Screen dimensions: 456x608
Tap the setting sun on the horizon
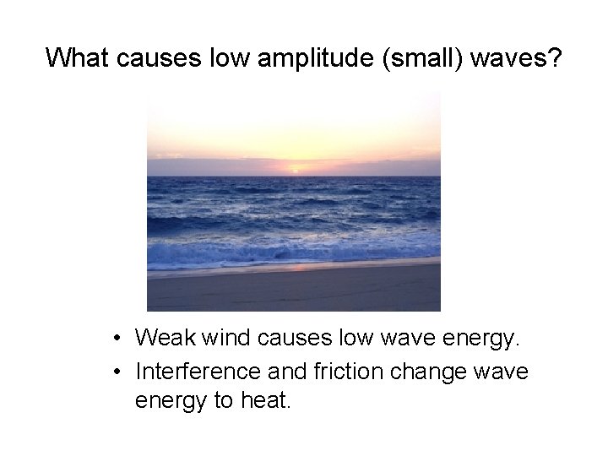(295, 169)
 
